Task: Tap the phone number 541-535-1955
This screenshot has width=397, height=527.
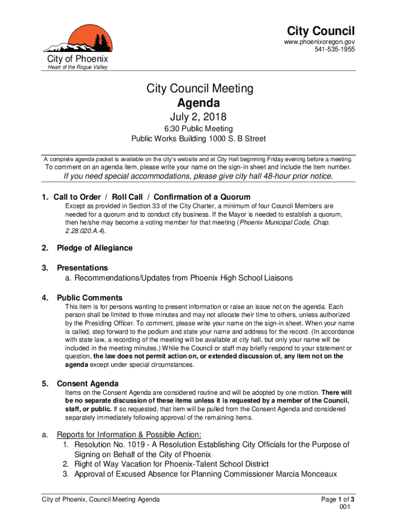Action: tap(335, 49)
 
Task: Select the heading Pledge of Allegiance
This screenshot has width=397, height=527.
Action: tap(94, 248)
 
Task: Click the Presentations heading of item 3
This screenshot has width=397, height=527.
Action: tap(82, 268)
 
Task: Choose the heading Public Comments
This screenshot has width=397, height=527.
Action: tap(89, 298)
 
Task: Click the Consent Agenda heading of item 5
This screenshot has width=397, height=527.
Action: tap(87, 384)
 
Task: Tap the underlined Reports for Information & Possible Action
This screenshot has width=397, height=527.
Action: tap(129, 434)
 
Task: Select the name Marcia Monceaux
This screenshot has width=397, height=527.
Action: tap(307, 474)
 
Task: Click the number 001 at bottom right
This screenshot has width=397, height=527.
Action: tap(345, 507)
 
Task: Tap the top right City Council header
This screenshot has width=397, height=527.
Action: tap(321, 31)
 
